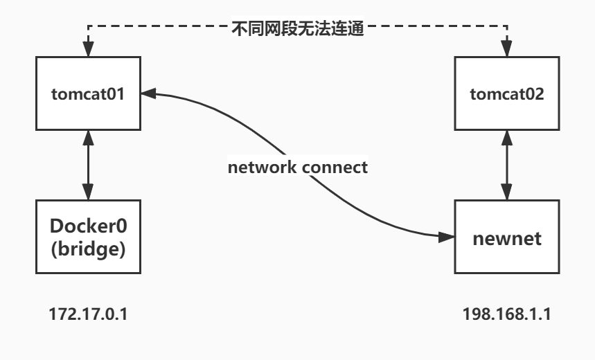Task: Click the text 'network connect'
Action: coord(299,168)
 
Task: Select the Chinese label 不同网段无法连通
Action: coord(297,30)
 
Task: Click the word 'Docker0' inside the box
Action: coord(87,226)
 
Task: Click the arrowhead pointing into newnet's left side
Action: coord(447,237)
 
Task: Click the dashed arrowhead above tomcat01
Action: coord(87,51)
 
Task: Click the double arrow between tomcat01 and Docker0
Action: coord(87,163)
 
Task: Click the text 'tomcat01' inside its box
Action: coord(87,93)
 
